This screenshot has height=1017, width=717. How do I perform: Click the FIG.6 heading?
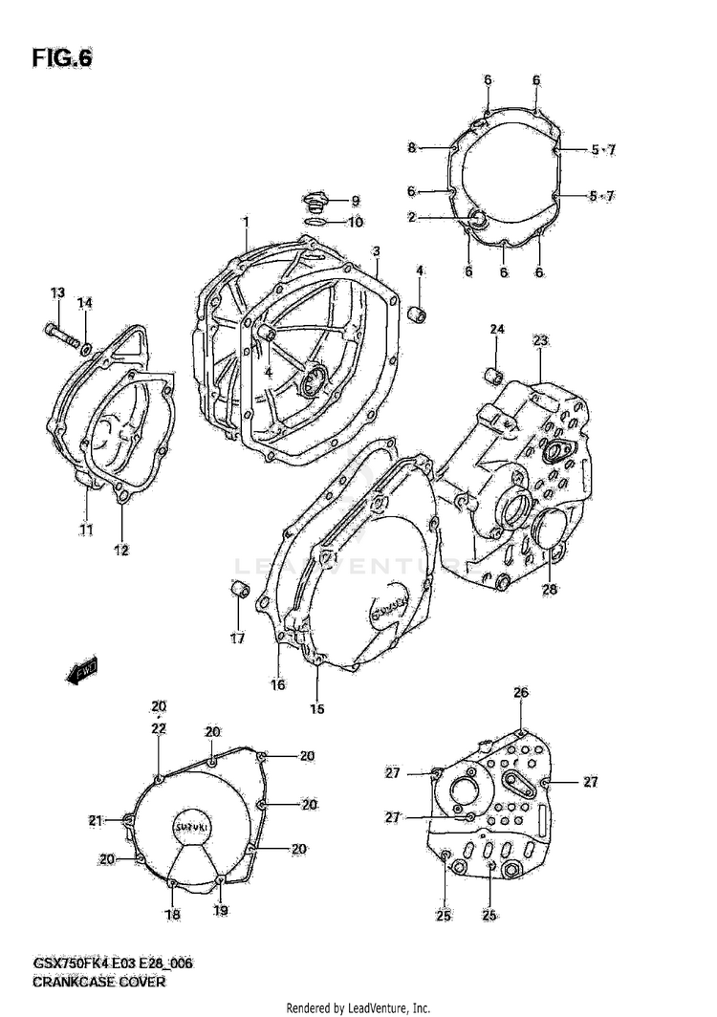(63, 57)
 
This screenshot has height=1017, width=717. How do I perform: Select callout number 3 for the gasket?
(377, 251)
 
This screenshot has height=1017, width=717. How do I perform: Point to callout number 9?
(355, 201)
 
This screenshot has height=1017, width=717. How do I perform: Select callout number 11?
(86, 530)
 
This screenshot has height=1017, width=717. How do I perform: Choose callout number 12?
(122, 550)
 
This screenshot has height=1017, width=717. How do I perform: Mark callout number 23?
(540, 341)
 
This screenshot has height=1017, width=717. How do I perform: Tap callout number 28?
(550, 589)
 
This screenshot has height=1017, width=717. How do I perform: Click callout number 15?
(316, 708)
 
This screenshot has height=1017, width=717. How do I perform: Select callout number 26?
(520, 692)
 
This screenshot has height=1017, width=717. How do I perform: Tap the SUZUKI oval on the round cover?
(192, 826)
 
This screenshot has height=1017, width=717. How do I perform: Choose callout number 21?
(95, 819)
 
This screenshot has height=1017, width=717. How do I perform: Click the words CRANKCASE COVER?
(100, 982)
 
